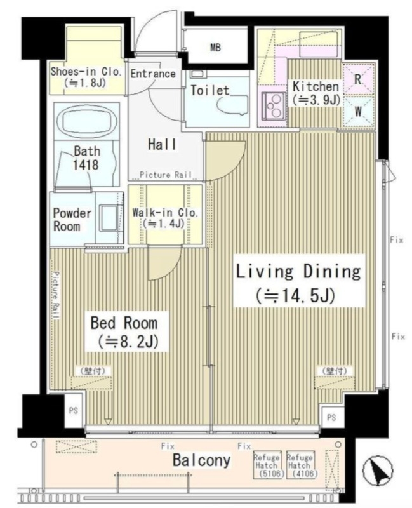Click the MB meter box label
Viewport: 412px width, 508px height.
pos(215,48)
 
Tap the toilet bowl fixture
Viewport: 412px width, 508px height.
pos(232,105)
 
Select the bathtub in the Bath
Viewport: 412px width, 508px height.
pos(87,121)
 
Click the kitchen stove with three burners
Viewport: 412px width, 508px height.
pos(274,105)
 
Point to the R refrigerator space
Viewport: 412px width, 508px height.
pos(358,79)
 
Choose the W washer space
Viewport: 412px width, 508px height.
pos(358,112)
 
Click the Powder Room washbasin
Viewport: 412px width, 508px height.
pos(109,218)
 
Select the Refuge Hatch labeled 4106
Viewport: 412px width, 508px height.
pos(300,465)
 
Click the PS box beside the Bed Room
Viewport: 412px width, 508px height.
pos(74,411)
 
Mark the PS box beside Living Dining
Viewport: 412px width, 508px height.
pos(331,418)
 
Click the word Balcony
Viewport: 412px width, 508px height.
pos(201,460)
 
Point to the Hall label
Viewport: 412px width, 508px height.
pos(162,145)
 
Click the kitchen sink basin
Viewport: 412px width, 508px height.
pos(319,43)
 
